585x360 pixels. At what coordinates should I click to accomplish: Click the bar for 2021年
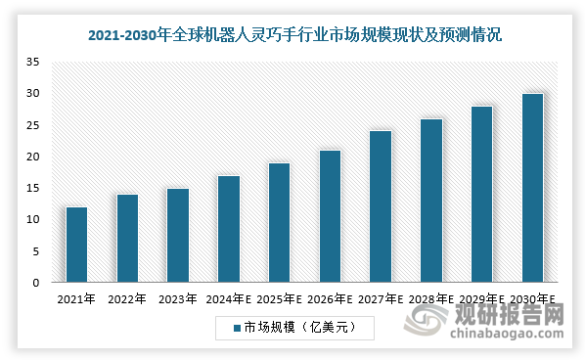pyautogui.click(x=75, y=245)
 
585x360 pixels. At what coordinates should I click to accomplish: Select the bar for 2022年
pyautogui.click(x=126, y=239)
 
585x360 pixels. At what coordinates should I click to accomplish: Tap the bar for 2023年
pyautogui.click(x=177, y=235)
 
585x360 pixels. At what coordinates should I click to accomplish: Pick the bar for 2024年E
pyautogui.click(x=228, y=229)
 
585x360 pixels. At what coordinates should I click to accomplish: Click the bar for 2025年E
pyautogui.click(x=279, y=222)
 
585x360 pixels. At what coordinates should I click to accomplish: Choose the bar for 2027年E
pyautogui.click(x=380, y=206)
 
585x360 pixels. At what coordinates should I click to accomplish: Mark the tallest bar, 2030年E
pyautogui.click(x=532, y=188)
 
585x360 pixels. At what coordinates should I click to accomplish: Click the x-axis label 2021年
pyautogui.click(x=75, y=299)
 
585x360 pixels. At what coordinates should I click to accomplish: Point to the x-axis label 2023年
pyautogui.click(x=177, y=299)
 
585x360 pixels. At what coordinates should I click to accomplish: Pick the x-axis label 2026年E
pyautogui.click(x=330, y=299)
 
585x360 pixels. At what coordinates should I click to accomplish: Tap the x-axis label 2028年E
pyautogui.click(x=431, y=299)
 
